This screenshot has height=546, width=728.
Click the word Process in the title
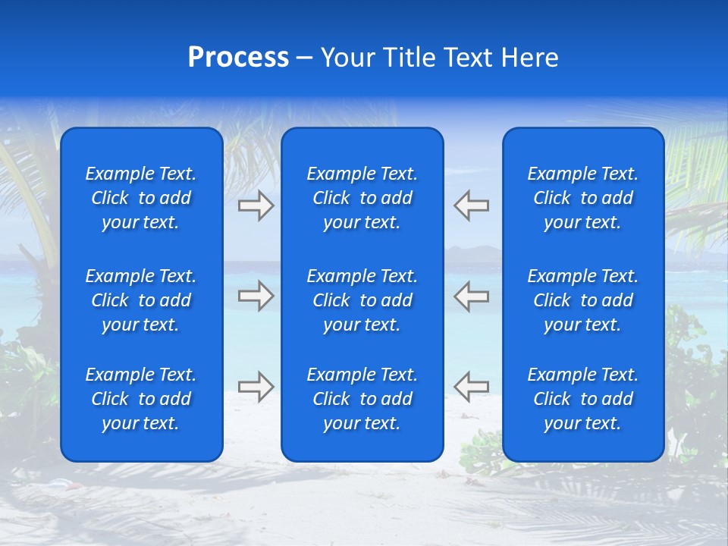pos(238,58)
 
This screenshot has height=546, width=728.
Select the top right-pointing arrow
pos(256,206)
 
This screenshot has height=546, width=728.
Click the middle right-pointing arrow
pos(256,296)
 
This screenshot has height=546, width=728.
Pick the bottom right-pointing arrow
pos(256,387)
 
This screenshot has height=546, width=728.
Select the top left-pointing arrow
pos(472,206)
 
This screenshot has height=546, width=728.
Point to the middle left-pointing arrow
pos(472,296)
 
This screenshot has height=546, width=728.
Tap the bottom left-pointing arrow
pos(472,387)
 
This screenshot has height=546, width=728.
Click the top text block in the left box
pos(141,198)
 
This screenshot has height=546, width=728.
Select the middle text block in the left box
pos(141,300)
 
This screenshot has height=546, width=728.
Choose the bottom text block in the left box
pos(141,399)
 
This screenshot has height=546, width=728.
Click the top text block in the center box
pos(362,198)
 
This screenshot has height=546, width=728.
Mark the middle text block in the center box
pos(362,300)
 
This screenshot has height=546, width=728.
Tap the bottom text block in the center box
pos(362,399)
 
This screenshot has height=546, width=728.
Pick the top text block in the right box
pos(582,198)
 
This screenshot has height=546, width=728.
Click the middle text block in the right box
pos(582,300)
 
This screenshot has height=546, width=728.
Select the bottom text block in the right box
pos(582,399)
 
